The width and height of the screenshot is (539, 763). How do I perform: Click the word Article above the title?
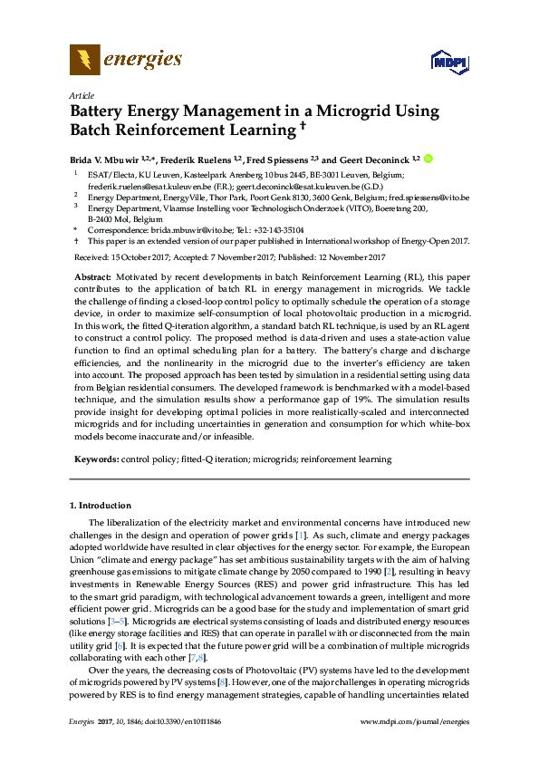[81, 95]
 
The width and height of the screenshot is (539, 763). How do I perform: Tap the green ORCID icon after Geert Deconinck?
[428, 158]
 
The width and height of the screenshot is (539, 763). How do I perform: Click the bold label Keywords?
[96, 459]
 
